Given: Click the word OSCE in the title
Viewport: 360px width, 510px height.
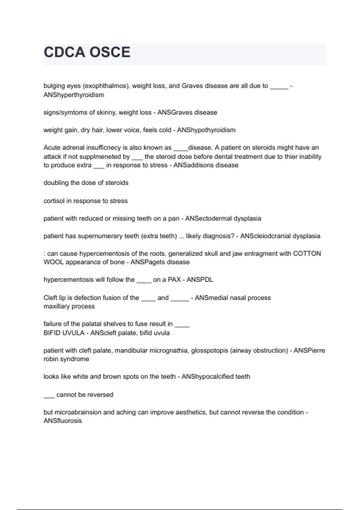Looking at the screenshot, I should (110, 52).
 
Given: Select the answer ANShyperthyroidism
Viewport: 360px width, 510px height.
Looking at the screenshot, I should (74, 95).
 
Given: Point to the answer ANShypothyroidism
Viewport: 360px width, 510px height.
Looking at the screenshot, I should (206, 130).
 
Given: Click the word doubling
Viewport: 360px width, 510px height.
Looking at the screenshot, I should (56, 183).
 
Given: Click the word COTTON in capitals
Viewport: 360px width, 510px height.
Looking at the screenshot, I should (307, 254).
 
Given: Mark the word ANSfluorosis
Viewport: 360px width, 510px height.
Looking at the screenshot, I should (63, 421).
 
